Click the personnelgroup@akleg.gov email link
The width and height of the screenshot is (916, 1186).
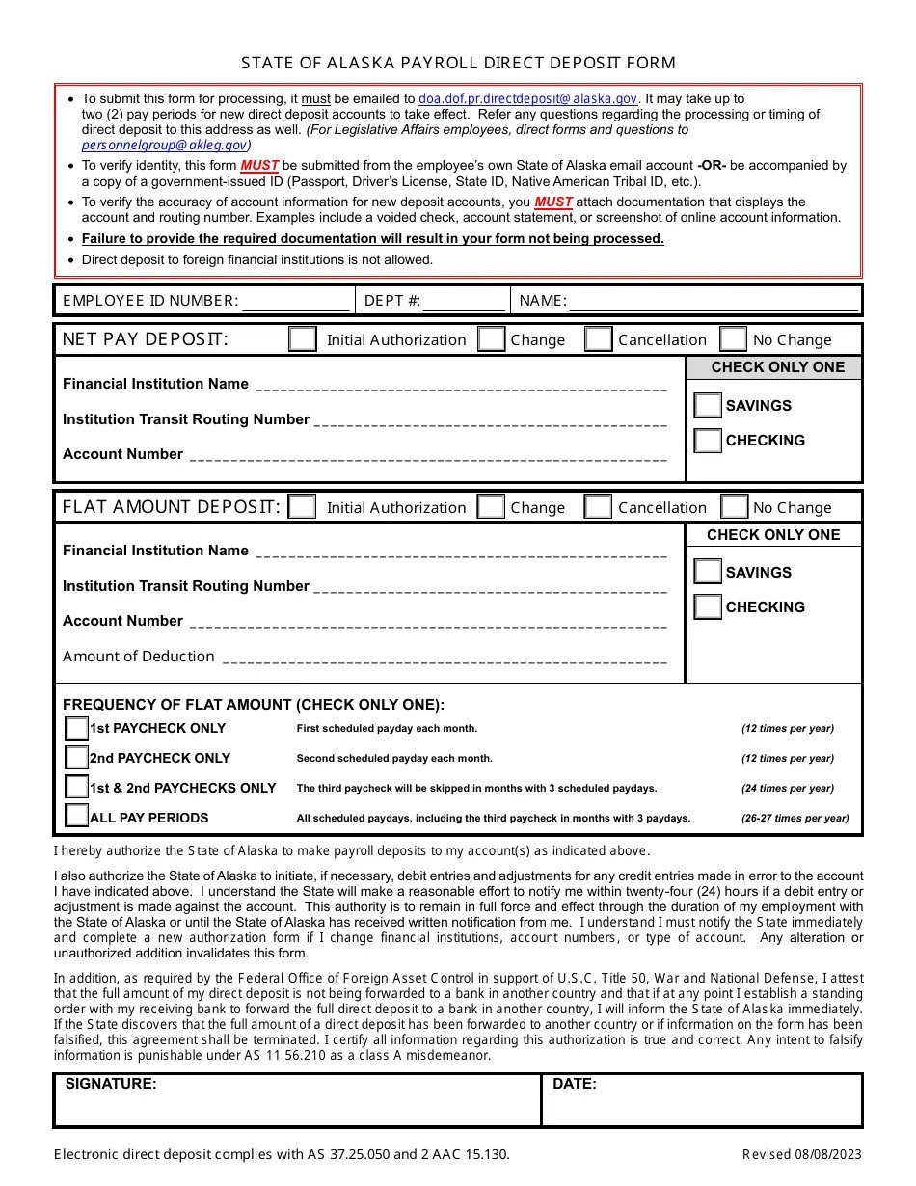coord(166,145)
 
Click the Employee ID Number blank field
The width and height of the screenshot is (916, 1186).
coord(294,301)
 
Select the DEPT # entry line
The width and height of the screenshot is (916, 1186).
coord(463,301)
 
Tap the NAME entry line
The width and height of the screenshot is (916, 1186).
coord(714,301)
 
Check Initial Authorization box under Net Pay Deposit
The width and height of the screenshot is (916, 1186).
coord(303,339)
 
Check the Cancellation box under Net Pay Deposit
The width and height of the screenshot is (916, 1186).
coord(598,339)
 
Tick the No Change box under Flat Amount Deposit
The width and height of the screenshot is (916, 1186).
coord(734,507)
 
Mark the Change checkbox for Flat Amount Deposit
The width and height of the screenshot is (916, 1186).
coord(492,507)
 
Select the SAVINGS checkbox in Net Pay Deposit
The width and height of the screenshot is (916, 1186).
coord(708,406)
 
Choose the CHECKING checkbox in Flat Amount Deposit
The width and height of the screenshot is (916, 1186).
coord(708,607)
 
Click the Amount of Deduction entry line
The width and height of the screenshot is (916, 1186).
coord(444,658)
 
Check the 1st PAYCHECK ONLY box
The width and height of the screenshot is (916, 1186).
coord(76,728)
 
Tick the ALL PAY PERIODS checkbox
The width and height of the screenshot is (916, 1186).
coord(76,817)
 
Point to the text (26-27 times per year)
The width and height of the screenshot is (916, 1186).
coord(795,818)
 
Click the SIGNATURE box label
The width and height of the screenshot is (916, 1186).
coord(111,1084)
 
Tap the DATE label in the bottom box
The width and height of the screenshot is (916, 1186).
coord(575,1084)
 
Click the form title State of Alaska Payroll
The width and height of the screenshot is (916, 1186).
coord(458,63)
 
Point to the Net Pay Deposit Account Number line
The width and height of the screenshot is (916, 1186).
coord(427,455)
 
